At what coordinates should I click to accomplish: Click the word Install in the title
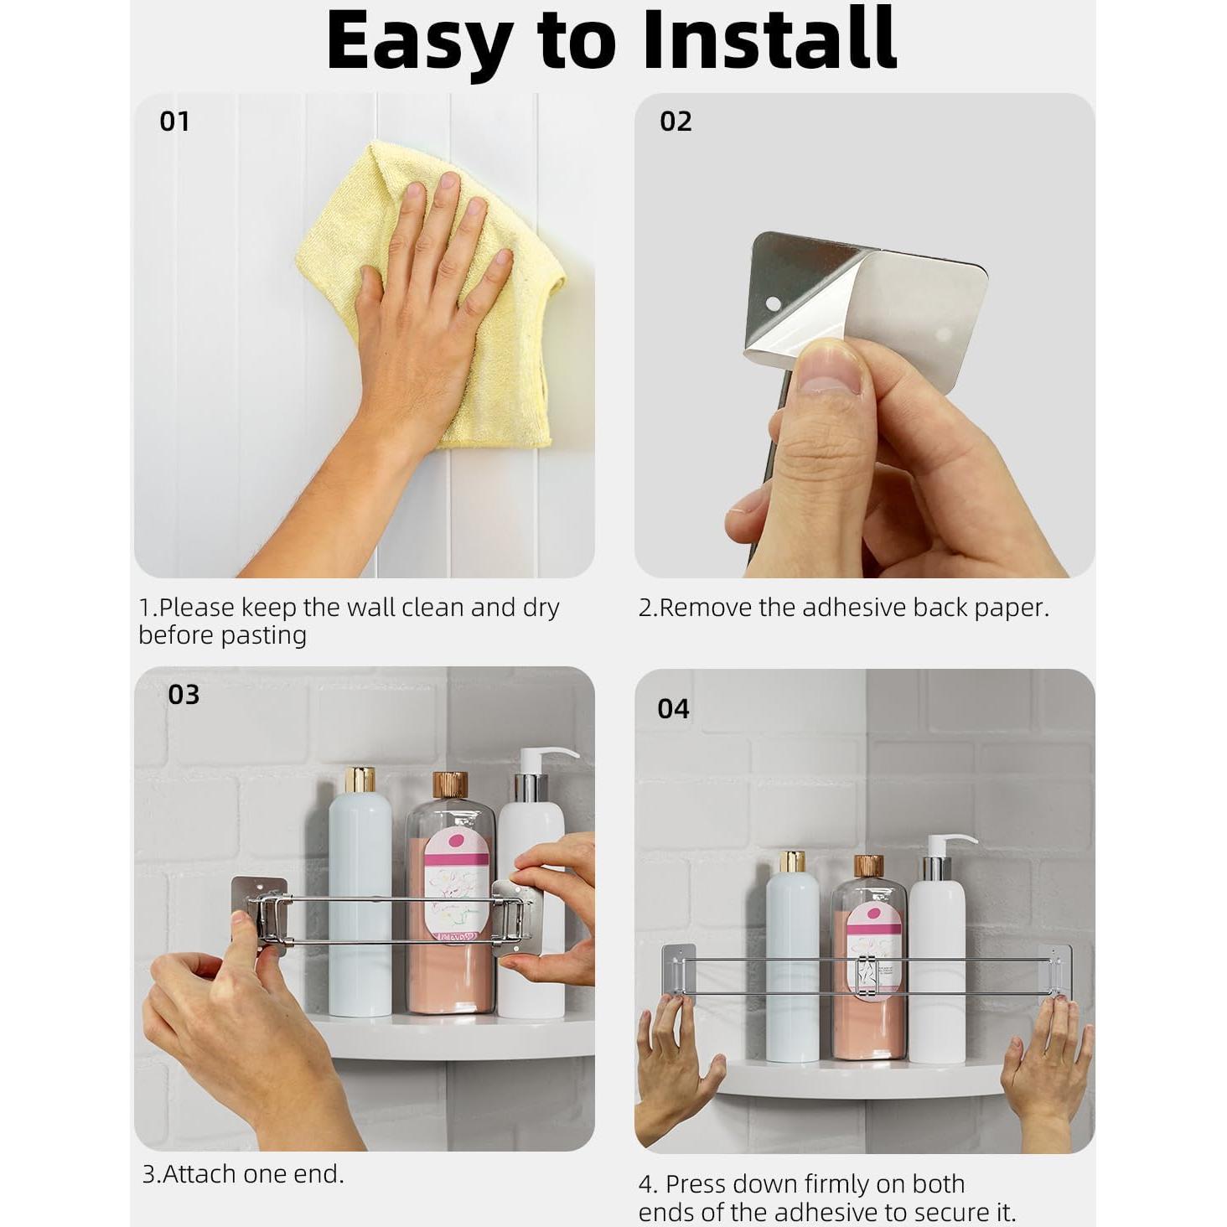tap(769, 39)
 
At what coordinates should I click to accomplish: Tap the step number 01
tap(174, 121)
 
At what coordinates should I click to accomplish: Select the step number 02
tap(676, 121)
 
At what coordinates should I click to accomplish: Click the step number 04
tap(673, 709)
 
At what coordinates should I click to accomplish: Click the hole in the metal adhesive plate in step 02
tap(773, 303)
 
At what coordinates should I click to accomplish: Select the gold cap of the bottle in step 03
tap(360, 779)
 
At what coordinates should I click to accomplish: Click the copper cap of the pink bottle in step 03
tap(450, 785)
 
